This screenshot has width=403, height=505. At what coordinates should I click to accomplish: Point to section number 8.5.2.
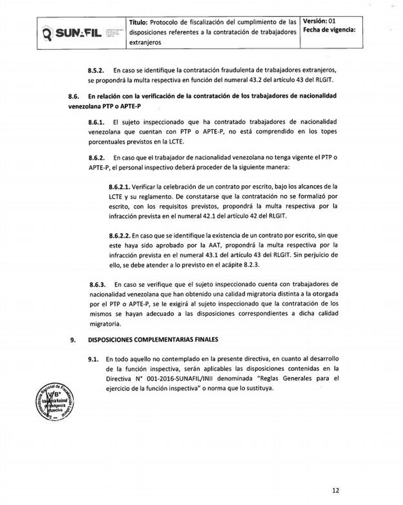(x=97, y=71)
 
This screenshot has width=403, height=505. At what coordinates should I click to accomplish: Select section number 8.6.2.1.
(x=120, y=187)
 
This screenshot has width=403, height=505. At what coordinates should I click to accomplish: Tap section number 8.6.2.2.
(x=120, y=236)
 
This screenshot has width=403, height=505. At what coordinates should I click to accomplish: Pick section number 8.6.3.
(x=97, y=285)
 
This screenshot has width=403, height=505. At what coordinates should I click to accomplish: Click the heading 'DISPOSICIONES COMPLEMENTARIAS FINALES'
(x=153, y=340)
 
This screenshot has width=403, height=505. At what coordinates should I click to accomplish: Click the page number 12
(x=336, y=490)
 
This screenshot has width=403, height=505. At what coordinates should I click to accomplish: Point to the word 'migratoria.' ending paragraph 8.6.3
(x=105, y=324)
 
